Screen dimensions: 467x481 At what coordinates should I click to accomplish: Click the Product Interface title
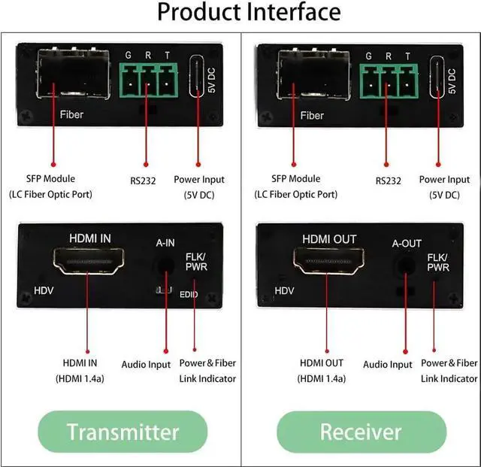click(x=240, y=13)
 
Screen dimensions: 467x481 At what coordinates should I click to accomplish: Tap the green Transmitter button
click(x=123, y=432)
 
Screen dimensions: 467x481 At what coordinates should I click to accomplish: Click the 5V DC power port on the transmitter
click(x=198, y=77)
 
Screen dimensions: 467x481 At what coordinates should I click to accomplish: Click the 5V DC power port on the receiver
click(x=438, y=77)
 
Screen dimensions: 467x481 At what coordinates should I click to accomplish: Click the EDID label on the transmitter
click(x=189, y=294)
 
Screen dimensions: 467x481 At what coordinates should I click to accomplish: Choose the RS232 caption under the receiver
click(x=388, y=180)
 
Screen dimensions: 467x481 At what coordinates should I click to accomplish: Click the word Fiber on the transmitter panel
click(x=71, y=116)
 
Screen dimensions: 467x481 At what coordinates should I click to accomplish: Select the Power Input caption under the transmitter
click(x=198, y=180)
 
